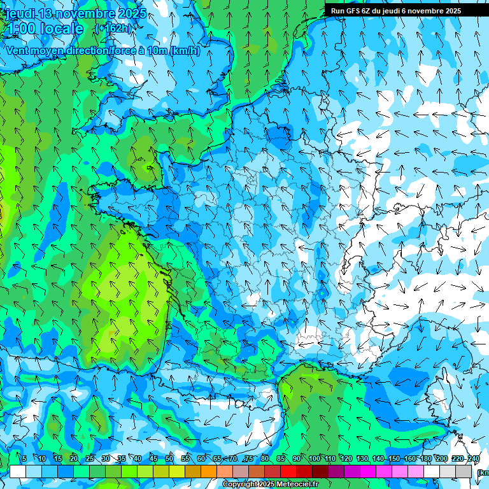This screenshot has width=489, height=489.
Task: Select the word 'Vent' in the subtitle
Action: point(17,51)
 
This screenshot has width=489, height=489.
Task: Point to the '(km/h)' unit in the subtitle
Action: point(185,51)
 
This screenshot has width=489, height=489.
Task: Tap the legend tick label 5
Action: point(24,458)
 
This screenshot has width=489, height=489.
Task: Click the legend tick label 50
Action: point(169,458)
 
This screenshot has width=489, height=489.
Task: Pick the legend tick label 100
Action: point(315,458)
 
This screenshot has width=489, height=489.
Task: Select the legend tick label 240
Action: point(474,458)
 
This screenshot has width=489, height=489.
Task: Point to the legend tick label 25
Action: point(90,458)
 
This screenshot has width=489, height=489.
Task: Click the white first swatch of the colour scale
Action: point(18,471)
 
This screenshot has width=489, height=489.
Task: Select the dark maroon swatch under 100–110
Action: point(320,471)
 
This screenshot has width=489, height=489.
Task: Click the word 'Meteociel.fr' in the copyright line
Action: point(297,485)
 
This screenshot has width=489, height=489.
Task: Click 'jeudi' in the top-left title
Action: point(19,13)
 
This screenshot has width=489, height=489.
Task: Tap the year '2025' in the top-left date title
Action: point(132,13)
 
